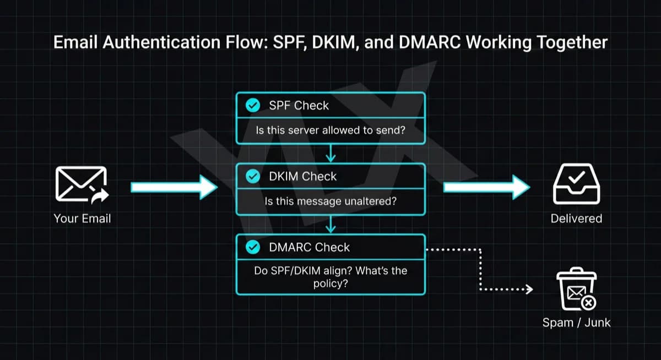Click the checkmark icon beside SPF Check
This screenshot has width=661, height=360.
[x=252, y=105]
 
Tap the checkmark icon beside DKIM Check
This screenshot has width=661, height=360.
[x=252, y=176]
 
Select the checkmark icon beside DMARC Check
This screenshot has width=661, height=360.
[x=252, y=247]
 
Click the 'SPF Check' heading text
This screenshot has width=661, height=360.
[x=299, y=105]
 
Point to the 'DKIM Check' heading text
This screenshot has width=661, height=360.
[x=303, y=176]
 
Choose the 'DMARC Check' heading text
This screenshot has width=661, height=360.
[x=309, y=247]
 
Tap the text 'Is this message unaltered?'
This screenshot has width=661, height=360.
[x=330, y=201]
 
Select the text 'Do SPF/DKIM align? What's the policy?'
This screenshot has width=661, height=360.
[x=330, y=277]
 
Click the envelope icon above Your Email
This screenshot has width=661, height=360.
[x=82, y=184]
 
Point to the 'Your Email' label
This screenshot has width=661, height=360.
[x=82, y=219]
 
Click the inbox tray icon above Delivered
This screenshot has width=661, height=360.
[x=576, y=184]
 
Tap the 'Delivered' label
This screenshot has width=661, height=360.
[x=576, y=219]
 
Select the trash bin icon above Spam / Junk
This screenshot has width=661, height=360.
[x=575, y=290]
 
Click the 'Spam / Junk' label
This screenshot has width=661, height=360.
[x=576, y=323]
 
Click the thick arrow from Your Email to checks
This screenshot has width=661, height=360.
[x=174, y=187]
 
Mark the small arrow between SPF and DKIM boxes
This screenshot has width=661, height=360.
[x=330, y=154]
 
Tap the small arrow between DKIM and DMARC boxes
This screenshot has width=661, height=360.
[x=330, y=225]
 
